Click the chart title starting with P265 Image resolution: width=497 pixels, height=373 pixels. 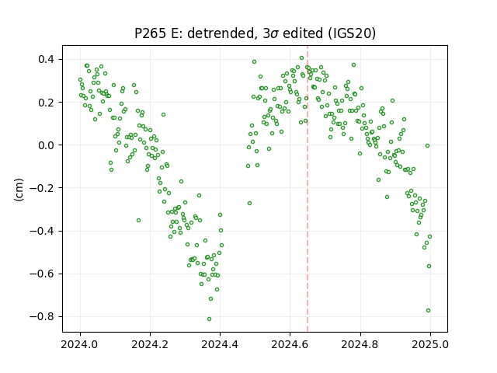point(255,33)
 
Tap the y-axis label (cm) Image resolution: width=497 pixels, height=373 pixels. point(19,190)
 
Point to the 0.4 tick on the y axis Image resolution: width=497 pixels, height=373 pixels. point(47,59)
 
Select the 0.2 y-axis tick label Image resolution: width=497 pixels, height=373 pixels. point(47,103)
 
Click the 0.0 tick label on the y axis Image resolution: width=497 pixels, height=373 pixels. point(47,145)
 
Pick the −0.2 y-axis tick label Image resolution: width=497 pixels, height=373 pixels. point(42,188)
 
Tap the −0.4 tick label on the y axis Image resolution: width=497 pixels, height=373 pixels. point(42,231)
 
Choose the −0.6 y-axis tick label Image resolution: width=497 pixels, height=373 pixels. point(42,274)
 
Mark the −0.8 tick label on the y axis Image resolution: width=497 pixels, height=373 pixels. point(42,316)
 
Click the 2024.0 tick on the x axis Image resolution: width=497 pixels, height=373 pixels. point(80,344)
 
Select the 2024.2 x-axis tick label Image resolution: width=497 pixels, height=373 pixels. point(150,344)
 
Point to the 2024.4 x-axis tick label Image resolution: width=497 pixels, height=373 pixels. point(220,344)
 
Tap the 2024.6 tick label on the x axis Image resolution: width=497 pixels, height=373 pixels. point(290,344)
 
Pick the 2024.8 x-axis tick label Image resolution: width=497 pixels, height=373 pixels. point(360,344)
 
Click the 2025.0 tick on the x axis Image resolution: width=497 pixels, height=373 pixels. point(430,344)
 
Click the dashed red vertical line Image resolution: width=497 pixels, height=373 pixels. point(308,189)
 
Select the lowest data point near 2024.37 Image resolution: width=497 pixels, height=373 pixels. point(209,319)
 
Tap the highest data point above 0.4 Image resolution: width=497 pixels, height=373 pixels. point(302,58)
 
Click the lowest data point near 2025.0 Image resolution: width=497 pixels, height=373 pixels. point(428,311)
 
